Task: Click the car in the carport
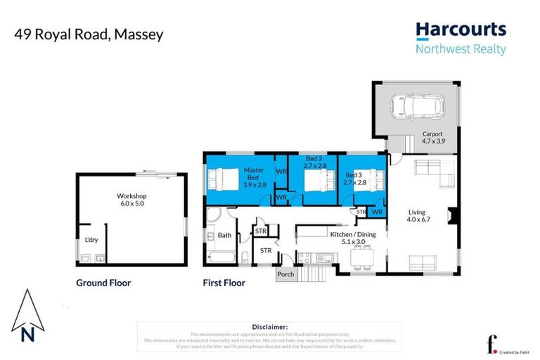(418, 107)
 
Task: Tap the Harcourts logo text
(460, 30)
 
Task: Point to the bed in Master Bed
(224, 180)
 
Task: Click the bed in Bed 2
(316, 181)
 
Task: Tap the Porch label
(286, 274)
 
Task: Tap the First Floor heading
(224, 283)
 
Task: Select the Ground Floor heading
(103, 283)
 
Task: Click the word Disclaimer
(269, 327)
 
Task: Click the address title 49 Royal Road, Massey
(88, 34)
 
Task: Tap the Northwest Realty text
(460, 49)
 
